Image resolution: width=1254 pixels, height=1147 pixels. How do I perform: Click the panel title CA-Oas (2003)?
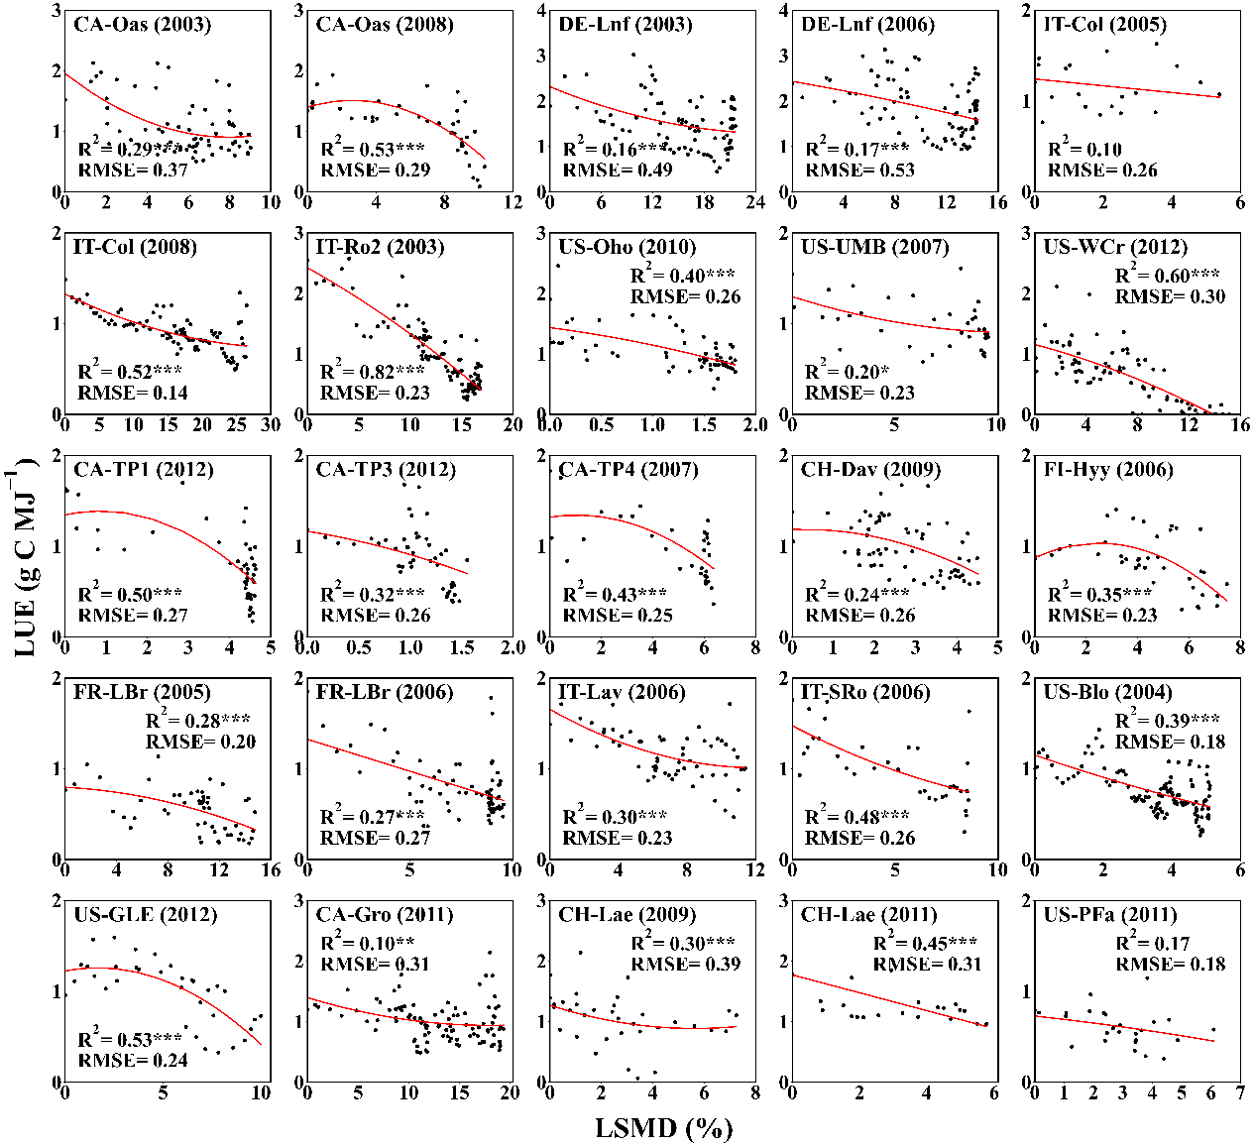click(x=142, y=25)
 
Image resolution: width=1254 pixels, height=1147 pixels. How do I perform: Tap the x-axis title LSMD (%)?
click(x=663, y=1128)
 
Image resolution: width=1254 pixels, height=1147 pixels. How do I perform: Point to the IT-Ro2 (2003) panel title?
click(x=380, y=247)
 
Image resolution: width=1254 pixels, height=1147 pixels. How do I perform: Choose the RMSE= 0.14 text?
click(x=133, y=393)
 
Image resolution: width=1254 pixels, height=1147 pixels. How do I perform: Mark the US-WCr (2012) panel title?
click(x=1114, y=247)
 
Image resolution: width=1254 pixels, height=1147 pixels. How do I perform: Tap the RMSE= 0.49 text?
click(x=618, y=170)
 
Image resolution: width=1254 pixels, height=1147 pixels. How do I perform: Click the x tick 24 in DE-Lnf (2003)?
click(x=756, y=202)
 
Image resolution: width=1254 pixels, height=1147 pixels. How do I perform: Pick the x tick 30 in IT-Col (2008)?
click(x=271, y=425)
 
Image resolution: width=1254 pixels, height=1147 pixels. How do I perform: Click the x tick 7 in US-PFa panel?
click(x=1240, y=1092)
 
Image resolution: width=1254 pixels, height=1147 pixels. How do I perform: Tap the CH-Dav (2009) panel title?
click(x=870, y=469)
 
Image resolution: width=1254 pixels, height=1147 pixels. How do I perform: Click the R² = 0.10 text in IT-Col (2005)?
click(x=1084, y=150)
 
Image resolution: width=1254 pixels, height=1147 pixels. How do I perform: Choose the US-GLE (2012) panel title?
click(x=145, y=914)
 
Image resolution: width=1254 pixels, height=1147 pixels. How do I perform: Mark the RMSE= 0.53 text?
click(x=859, y=170)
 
